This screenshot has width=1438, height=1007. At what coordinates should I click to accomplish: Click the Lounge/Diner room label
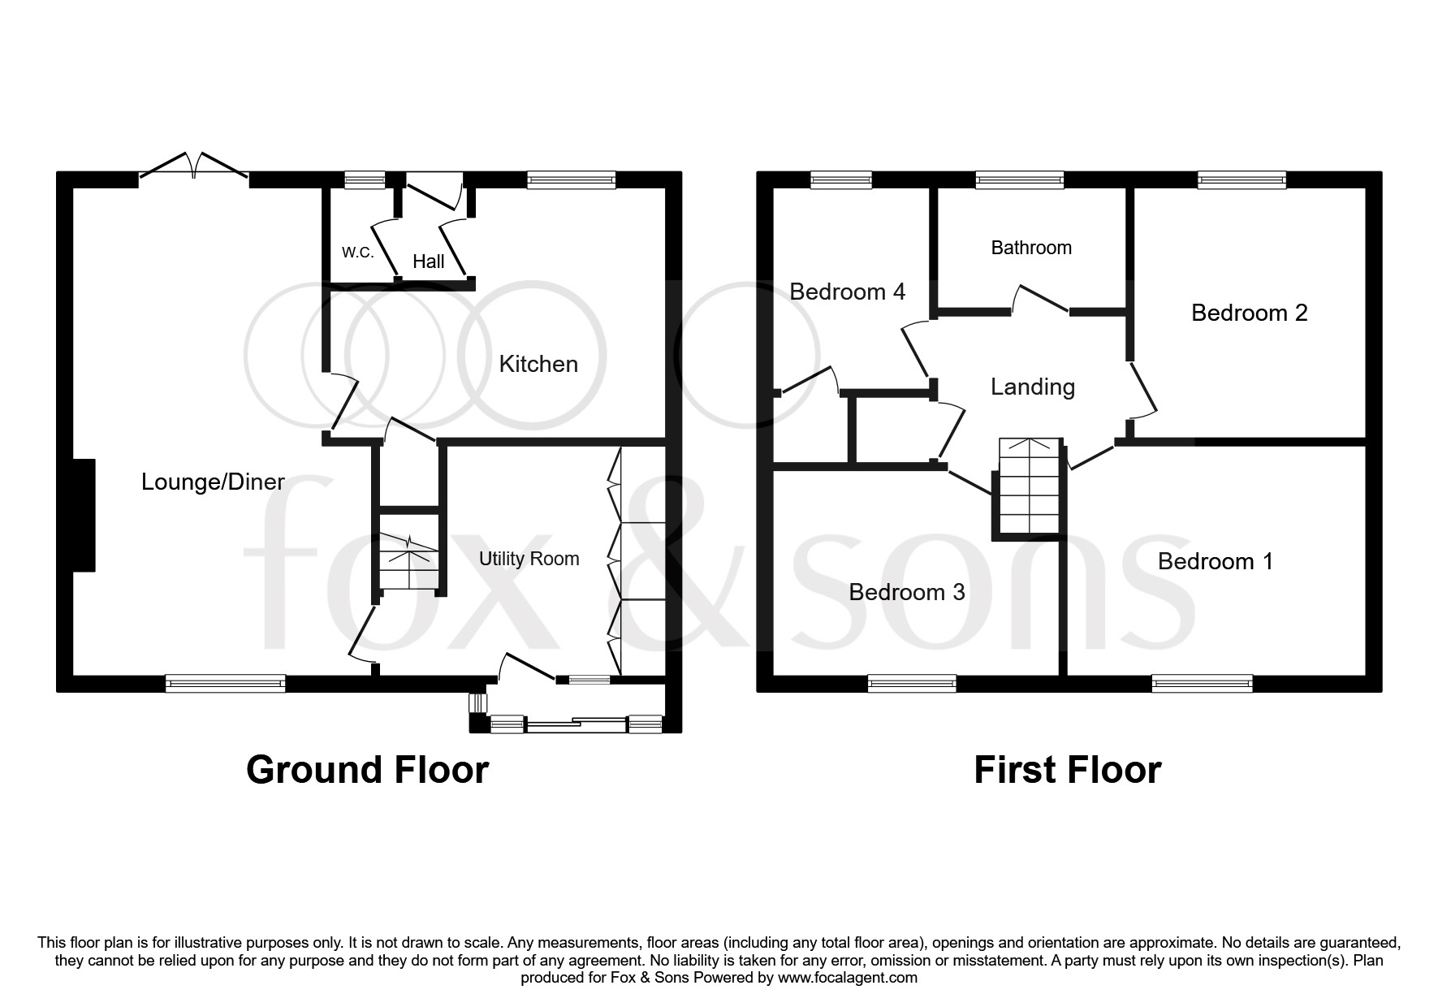coord(213,482)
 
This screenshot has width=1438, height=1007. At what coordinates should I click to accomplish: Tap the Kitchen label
coord(538,364)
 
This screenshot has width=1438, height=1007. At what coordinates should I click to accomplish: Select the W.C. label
coord(357,252)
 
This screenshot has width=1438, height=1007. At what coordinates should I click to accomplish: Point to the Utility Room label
coord(529,559)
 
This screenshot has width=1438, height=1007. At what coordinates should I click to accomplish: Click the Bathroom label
coord(1031,248)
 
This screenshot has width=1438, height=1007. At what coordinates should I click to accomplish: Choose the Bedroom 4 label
coord(847,292)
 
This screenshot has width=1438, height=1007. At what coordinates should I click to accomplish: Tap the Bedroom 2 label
coord(1249,313)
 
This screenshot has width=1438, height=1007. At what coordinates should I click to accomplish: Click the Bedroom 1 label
coord(1215,561)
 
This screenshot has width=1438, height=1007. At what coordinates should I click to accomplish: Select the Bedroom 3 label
coord(906,592)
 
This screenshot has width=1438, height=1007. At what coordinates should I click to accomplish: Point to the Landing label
coord(1032,387)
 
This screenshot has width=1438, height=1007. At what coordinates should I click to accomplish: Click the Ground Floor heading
coord(367,769)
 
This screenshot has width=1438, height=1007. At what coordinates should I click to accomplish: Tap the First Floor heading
coord(1067,769)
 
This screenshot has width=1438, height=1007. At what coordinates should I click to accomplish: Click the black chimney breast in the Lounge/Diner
coord(84,515)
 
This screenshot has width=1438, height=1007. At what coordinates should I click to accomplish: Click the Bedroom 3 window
coord(911,683)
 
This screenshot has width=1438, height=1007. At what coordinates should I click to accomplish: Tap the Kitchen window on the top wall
coord(571,180)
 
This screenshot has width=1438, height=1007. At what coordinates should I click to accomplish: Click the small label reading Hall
coord(428,261)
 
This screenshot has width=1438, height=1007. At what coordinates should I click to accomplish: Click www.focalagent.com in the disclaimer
coord(848,978)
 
